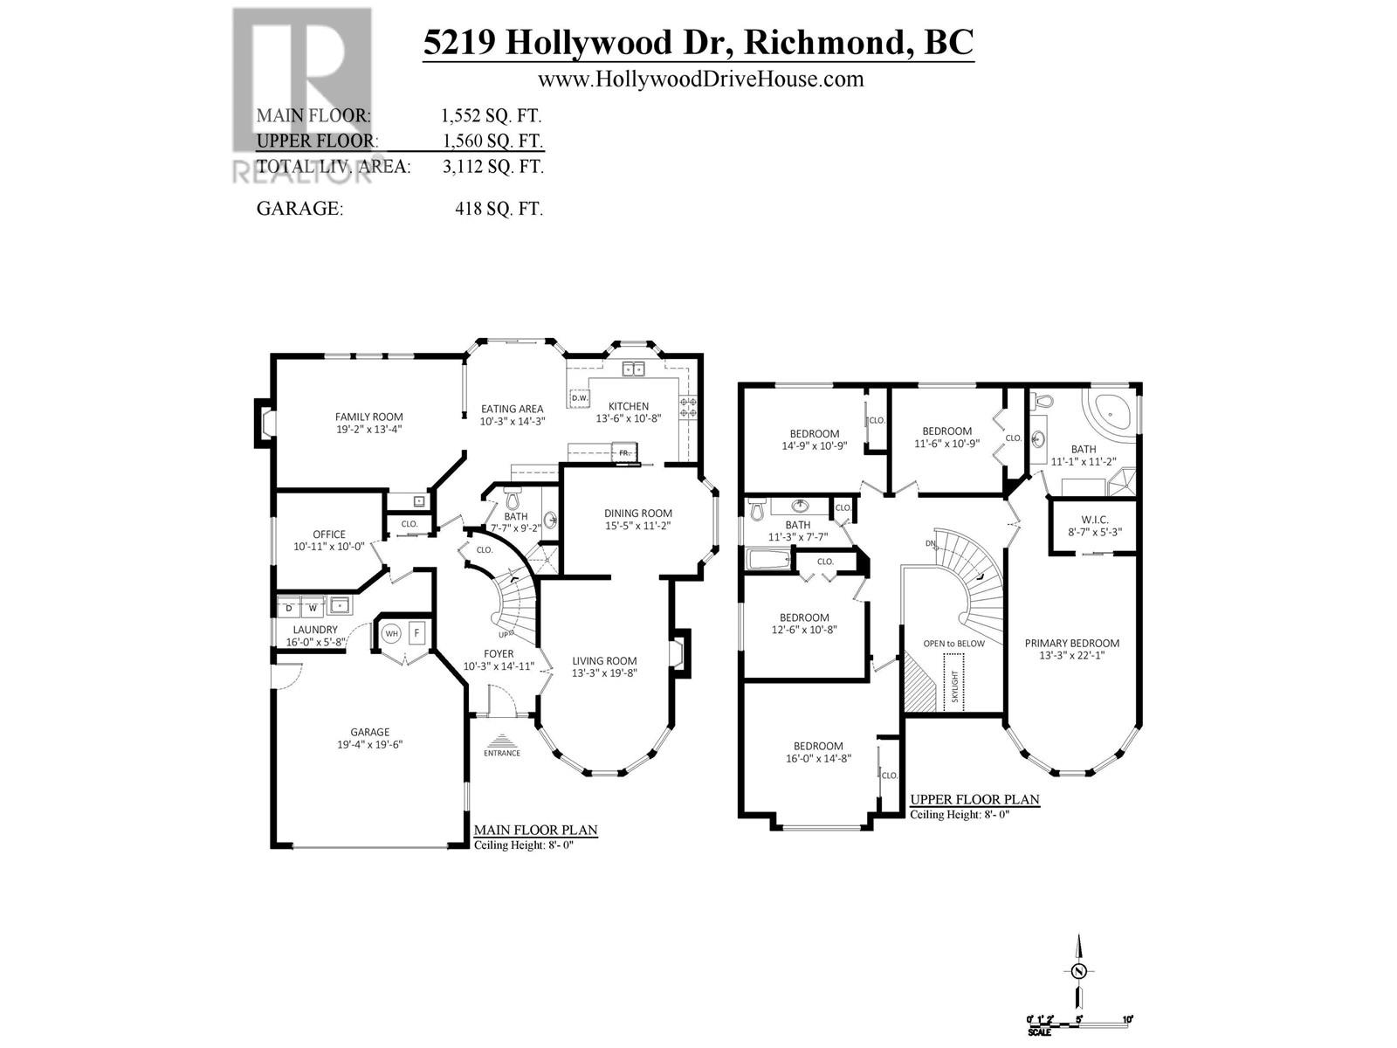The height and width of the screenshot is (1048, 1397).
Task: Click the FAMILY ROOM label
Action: (x=368, y=417)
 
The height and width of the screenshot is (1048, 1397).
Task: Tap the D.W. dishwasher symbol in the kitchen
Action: (x=579, y=398)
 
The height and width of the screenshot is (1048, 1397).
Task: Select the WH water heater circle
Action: (x=391, y=632)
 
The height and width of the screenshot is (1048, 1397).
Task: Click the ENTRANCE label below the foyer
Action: (x=502, y=753)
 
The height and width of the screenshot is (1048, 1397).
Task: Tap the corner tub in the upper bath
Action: (x=1110, y=410)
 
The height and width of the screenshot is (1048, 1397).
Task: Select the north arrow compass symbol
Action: (x=1080, y=971)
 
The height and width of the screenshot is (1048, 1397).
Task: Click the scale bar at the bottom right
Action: (x=1080, y=1020)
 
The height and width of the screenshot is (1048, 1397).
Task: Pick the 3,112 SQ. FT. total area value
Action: (x=492, y=166)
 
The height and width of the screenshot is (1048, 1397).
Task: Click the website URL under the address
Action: (x=700, y=79)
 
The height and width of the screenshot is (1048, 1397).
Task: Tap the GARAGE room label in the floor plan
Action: (x=369, y=732)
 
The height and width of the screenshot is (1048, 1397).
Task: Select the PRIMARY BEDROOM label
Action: (x=1071, y=643)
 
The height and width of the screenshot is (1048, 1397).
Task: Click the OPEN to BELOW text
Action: (x=953, y=643)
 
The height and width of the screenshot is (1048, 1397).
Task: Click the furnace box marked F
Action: (x=416, y=632)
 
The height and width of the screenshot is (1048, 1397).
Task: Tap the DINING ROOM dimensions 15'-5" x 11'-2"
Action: (x=637, y=526)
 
